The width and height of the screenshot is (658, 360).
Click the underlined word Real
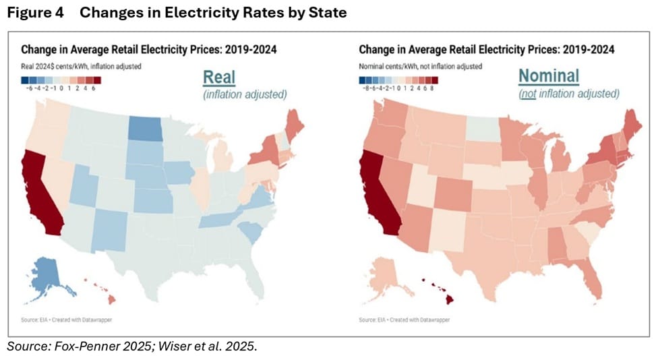219,77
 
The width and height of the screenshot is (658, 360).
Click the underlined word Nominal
548,76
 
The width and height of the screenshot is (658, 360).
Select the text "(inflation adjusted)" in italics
245,94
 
